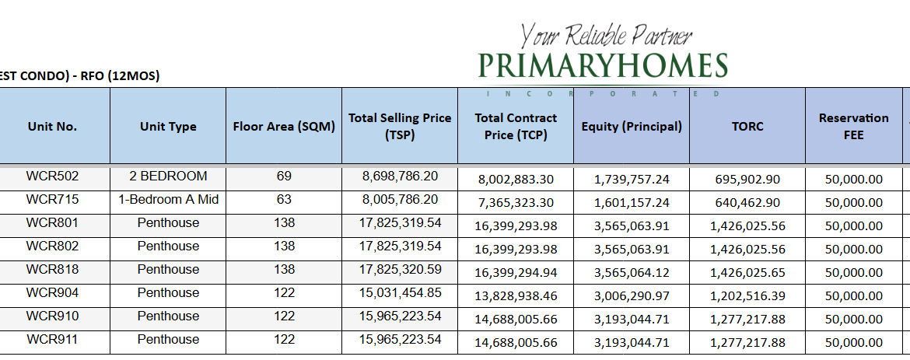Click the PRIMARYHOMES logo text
[x=603, y=65]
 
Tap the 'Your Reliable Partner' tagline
[x=606, y=35]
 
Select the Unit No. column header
[x=52, y=127]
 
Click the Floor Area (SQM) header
[x=284, y=127]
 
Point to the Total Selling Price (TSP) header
[x=400, y=127]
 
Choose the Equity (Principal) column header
[x=632, y=127]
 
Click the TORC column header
[x=747, y=127]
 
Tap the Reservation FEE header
[x=853, y=127]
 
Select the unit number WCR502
[x=52, y=177]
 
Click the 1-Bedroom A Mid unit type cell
[x=169, y=200]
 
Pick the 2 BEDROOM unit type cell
[x=169, y=177]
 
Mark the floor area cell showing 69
[x=284, y=177]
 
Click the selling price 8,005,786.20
[x=400, y=200]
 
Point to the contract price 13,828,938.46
[x=516, y=296]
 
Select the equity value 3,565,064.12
[x=632, y=273]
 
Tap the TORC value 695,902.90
[x=747, y=179]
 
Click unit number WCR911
[x=52, y=340]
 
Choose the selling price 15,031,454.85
[x=400, y=293]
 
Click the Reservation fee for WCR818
[x=853, y=273]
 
